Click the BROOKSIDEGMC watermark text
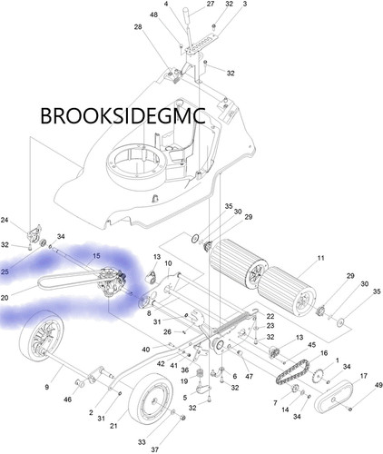tap(123, 115)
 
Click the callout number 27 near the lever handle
tap(211, 4)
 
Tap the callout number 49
tap(378, 385)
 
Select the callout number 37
tap(155, 449)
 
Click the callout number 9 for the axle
tap(47, 387)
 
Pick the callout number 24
tap(5, 220)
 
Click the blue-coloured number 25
tap(5, 271)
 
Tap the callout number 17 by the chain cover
tap(363, 376)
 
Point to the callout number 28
tap(138, 27)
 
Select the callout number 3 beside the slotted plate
tap(244, 4)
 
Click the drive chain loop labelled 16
tap(292, 372)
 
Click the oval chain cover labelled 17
tap(334, 398)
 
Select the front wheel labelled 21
tap(151, 401)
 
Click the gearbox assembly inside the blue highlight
tap(112, 282)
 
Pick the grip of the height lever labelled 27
tap(185, 14)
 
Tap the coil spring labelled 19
tap(199, 374)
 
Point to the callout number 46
tap(67, 400)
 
